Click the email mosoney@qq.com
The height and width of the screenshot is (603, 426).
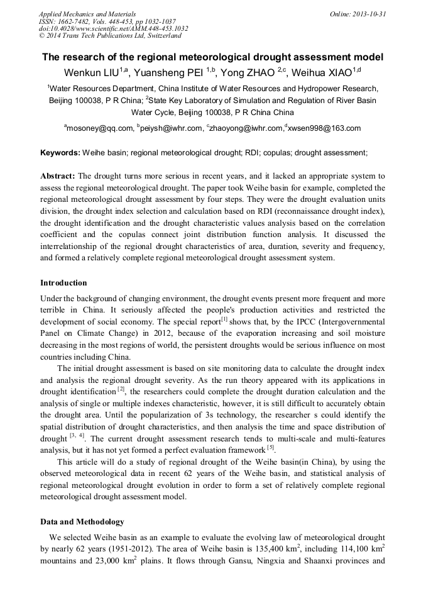click(100, 128)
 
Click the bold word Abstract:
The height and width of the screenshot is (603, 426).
click(58, 176)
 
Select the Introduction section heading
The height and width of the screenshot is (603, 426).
click(63, 283)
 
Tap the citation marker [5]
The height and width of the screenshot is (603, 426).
click(270, 448)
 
